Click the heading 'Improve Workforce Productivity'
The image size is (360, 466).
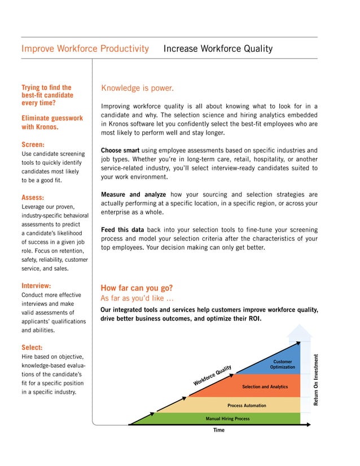click(x=85, y=49)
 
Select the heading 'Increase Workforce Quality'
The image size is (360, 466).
click(x=218, y=49)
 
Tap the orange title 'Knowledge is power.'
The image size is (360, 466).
click(x=137, y=88)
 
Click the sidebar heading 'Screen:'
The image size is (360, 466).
click(x=33, y=144)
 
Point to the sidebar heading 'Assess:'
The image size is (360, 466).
click(x=33, y=197)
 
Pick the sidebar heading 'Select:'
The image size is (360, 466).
click(x=32, y=348)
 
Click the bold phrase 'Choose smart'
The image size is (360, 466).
click(x=120, y=151)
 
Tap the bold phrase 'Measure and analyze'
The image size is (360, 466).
click(x=133, y=195)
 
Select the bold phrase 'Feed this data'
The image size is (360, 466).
click(x=122, y=230)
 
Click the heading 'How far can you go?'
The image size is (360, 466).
click(x=137, y=288)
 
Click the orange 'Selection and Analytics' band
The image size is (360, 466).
click(x=265, y=387)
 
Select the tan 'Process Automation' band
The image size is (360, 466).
click(x=246, y=406)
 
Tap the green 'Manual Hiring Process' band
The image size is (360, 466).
click(x=227, y=419)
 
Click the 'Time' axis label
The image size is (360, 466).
click(x=219, y=430)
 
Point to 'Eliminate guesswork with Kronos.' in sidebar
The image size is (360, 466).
click(x=51, y=122)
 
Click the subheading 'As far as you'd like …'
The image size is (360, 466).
click(x=137, y=298)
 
